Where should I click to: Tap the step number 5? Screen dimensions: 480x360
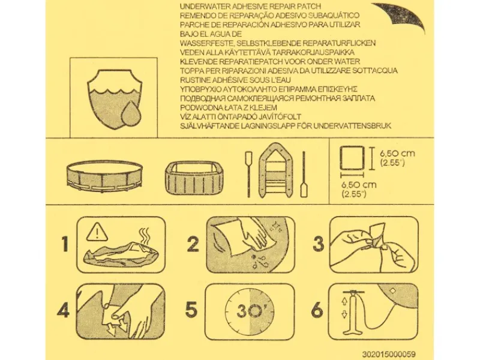[191, 310]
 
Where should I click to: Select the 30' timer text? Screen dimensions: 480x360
[250, 311]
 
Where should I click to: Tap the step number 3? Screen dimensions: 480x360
[319, 244]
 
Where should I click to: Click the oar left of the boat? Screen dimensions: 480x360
[248, 173]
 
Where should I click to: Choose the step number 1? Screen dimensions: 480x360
[65, 244]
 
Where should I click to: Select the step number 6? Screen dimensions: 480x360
[317, 310]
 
